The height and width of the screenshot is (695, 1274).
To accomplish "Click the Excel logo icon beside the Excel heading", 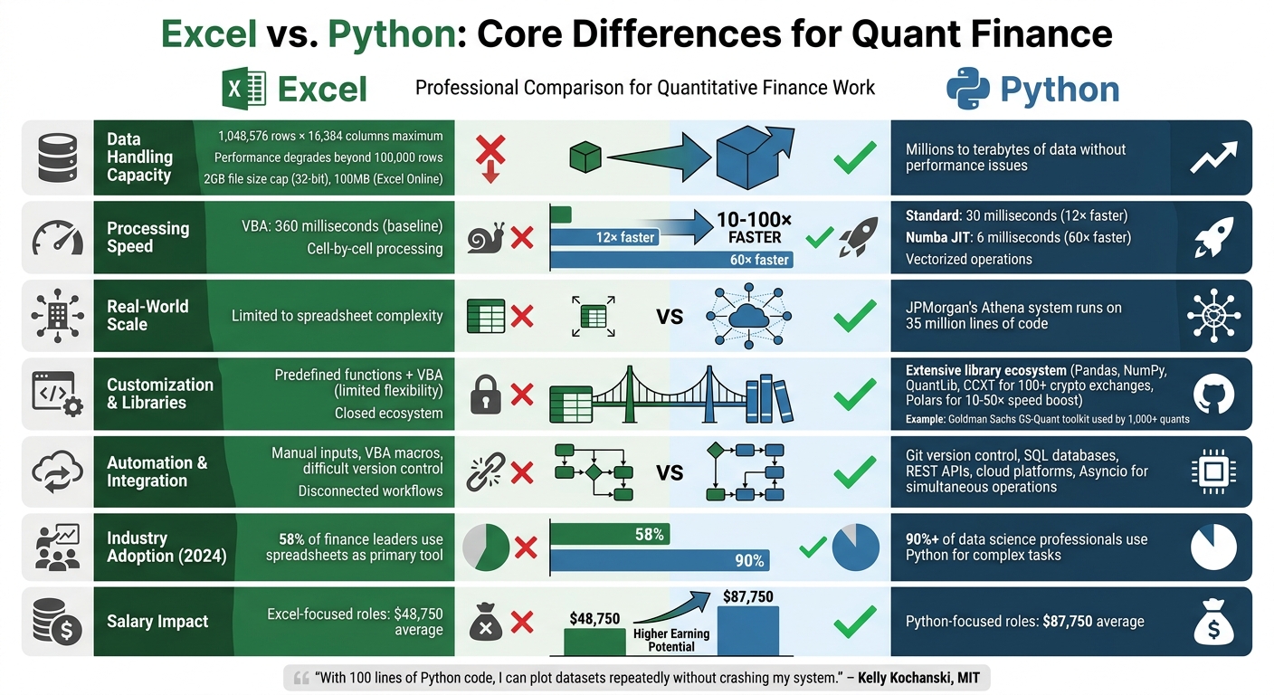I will tap(244, 90).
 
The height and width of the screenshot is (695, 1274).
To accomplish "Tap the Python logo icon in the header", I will tap(968, 90).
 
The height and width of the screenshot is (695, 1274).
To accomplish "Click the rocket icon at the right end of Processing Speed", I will tap(1214, 237).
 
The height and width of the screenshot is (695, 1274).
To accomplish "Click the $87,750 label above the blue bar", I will tap(747, 596).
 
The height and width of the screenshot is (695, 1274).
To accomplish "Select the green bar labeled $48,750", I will tap(594, 641).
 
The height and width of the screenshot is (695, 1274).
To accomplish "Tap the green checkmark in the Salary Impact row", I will tap(854, 621).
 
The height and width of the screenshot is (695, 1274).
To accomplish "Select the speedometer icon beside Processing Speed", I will tap(57, 238).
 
